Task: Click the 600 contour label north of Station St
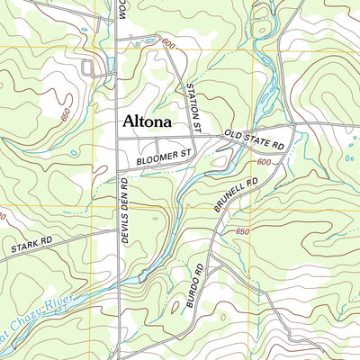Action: [x=167, y=42]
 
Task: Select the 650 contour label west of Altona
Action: [x=61, y=114]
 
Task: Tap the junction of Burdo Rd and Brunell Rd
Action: [x=214, y=239]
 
